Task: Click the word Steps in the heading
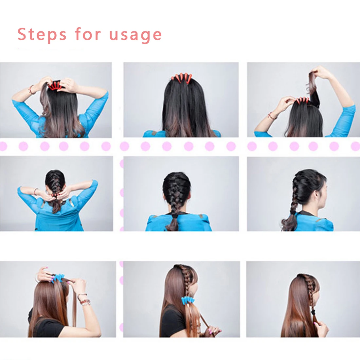click(x=42, y=34)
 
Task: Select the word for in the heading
click(x=88, y=34)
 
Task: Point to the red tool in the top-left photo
click(x=55, y=86)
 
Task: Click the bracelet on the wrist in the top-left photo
click(x=31, y=89)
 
